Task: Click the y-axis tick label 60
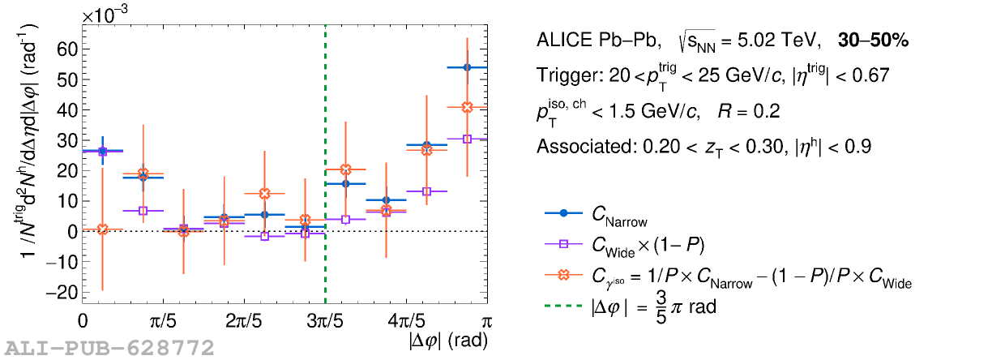pyautogui.click(x=66, y=49)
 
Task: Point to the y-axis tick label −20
pyautogui.click(x=61, y=293)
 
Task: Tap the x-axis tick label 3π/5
pyautogui.click(x=325, y=322)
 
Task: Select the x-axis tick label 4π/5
pyautogui.click(x=406, y=322)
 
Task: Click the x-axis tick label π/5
pyautogui.click(x=163, y=322)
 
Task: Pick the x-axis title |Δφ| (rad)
pyautogui.click(x=448, y=341)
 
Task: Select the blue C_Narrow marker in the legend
pyautogui.click(x=563, y=213)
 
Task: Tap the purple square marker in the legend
pyautogui.click(x=563, y=244)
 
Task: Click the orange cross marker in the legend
pyautogui.click(x=563, y=275)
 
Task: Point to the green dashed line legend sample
pyautogui.click(x=563, y=306)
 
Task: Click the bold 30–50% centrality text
pyautogui.click(x=873, y=41)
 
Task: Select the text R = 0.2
pyautogui.click(x=749, y=111)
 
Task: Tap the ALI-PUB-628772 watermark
pyautogui.click(x=110, y=349)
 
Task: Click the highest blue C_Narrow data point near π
pyautogui.click(x=467, y=67)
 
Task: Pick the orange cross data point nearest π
pyautogui.click(x=467, y=107)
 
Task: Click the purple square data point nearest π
pyautogui.click(x=467, y=139)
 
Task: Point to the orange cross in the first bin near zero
pyautogui.click(x=102, y=229)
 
